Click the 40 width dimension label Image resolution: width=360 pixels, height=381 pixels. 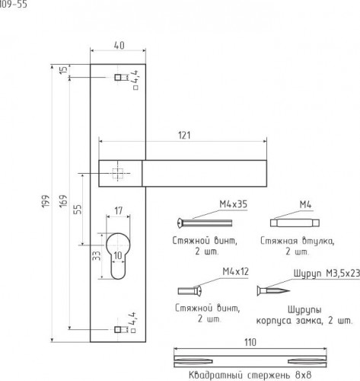tap(119, 45)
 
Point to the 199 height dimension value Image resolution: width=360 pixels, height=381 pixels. tap(46, 201)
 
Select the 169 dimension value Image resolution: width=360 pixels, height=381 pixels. tap(63, 201)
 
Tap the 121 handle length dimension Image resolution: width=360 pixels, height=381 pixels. tap(184, 135)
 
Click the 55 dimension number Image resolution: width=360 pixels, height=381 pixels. tap(78, 209)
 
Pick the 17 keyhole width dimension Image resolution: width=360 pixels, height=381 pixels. tap(118, 210)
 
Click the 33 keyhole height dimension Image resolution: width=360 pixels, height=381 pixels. tap(97, 255)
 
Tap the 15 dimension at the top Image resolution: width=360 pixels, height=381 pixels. tap(63, 70)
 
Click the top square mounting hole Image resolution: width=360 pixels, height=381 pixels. tap(118, 77)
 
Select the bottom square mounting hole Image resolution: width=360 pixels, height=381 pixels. tap(118, 329)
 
